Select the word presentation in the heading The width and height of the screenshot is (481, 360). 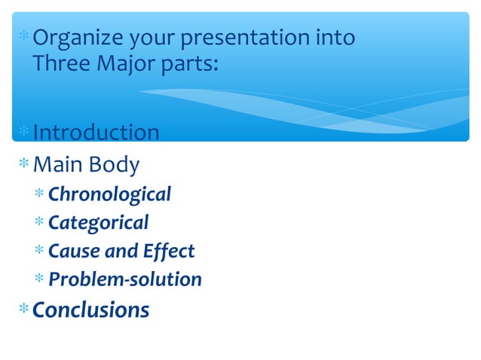pos(245,38)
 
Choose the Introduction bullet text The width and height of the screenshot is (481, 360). pos(96,133)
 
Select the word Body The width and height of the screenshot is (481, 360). pos(115,164)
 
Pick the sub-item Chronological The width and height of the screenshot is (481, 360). pos(109,194)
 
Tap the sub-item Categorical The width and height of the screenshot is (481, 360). pos(98,223)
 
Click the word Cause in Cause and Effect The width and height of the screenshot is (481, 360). pos(72,251)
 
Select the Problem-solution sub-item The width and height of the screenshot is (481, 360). pos(125,279)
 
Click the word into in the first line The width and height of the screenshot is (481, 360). pos(335,38)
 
